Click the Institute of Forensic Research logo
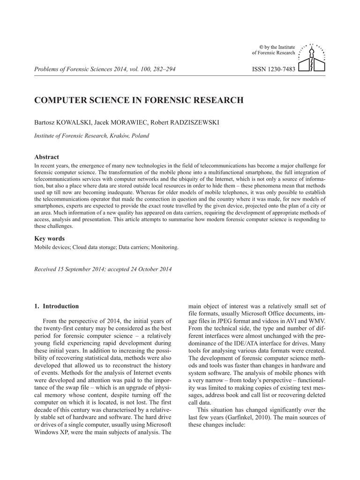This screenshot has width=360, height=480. (312, 58)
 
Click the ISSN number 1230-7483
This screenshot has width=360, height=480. (274, 69)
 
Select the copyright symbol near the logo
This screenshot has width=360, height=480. (262, 47)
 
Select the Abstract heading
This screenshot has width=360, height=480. (47, 157)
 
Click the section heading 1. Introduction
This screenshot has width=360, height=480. (57, 306)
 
